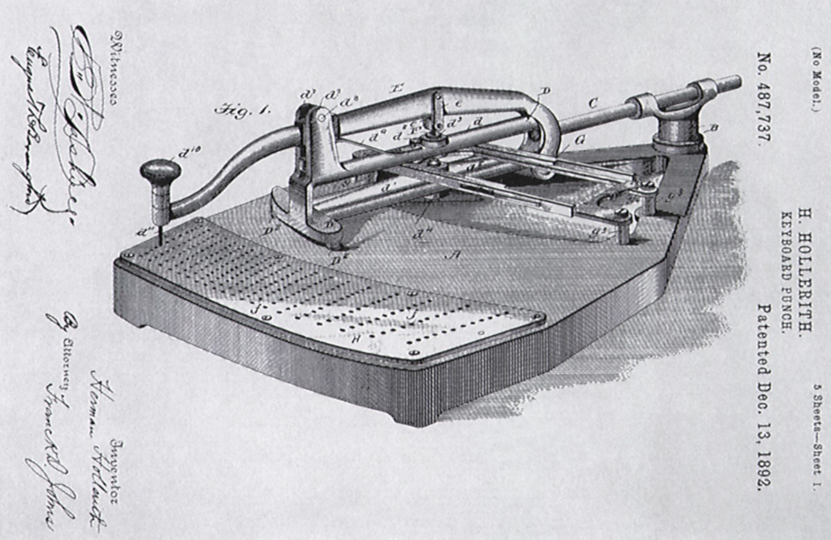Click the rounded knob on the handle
click(159, 172)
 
